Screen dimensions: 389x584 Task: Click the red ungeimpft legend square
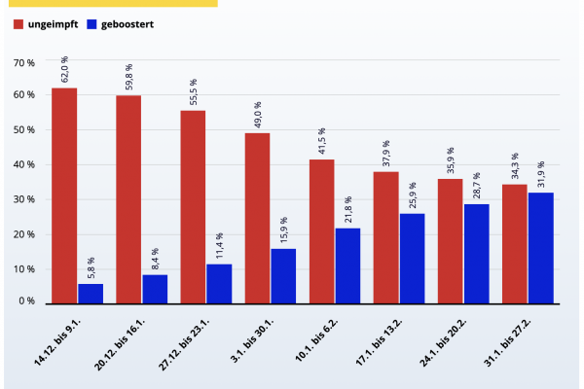pyautogui.click(x=18, y=23)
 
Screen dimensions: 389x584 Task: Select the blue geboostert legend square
pyautogui.click(x=92, y=23)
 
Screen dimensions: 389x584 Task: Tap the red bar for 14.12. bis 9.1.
pyautogui.click(x=64, y=194)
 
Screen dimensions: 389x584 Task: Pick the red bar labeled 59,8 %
pyautogui.click(x=128, y=198)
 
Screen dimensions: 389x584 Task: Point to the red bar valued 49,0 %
pyautogui.click(x=257, y=217)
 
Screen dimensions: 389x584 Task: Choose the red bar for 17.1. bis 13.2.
pyautogui.click(x=385, y=236)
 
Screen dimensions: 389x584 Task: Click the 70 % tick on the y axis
pyautogui.click(x=24, y=62)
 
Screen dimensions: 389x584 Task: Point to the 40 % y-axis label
pyautogui.click(x=24, y=165)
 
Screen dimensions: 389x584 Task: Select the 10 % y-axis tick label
pyautogui.click(x=24, y=268)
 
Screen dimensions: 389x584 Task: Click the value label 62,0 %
pyautogui.click(x=65, y=70)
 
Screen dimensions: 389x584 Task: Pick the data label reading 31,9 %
pyautogui.click(x=541, y=175)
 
